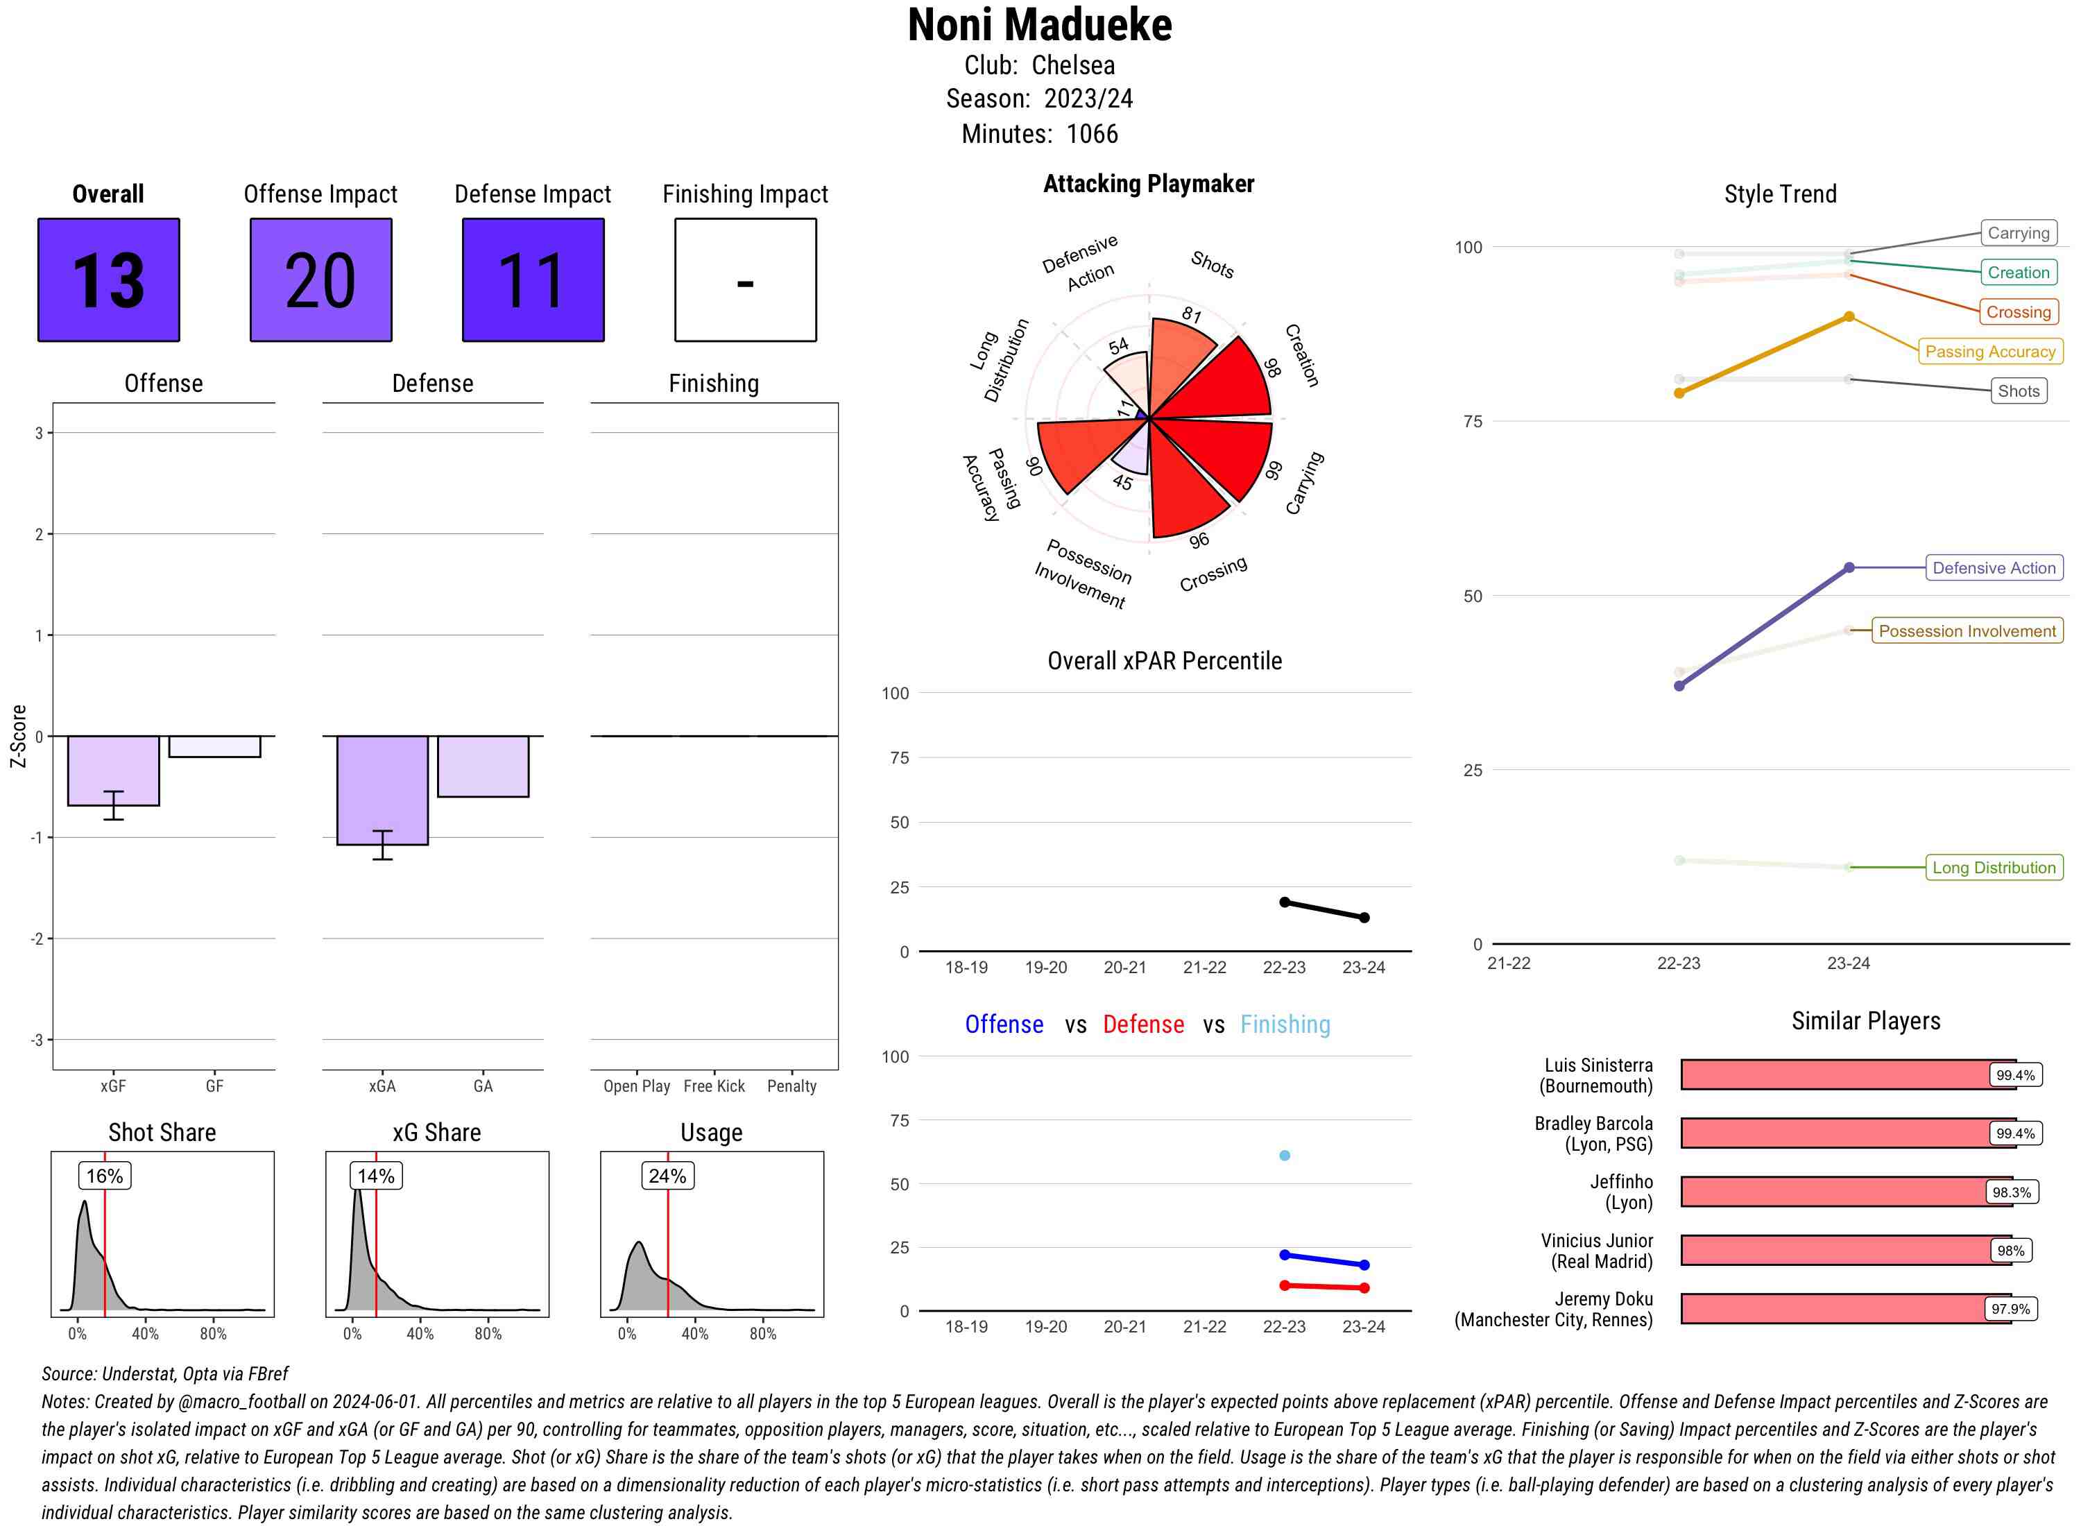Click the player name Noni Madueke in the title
point(1039,25)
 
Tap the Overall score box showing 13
point(109,280)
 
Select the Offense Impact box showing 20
point(320,280)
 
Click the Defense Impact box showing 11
point(533,280)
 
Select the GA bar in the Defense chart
point(483,766)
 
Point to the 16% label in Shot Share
point(104,1176)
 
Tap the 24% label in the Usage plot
point(667,1176)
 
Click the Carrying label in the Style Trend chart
point(2017,233)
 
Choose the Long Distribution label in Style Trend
point(1994,867)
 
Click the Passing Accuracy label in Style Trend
point(1989,351)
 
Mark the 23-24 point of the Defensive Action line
point(1848,568)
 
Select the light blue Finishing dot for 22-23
point(1284,1156)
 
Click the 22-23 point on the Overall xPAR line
point(1284,902)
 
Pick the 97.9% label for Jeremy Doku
point(2010,1309)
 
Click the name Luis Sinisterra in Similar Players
point(1598,1065)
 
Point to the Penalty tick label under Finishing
point(791,1086)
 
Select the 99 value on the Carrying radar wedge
point(1274,470)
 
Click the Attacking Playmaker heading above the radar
point(1148,184)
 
